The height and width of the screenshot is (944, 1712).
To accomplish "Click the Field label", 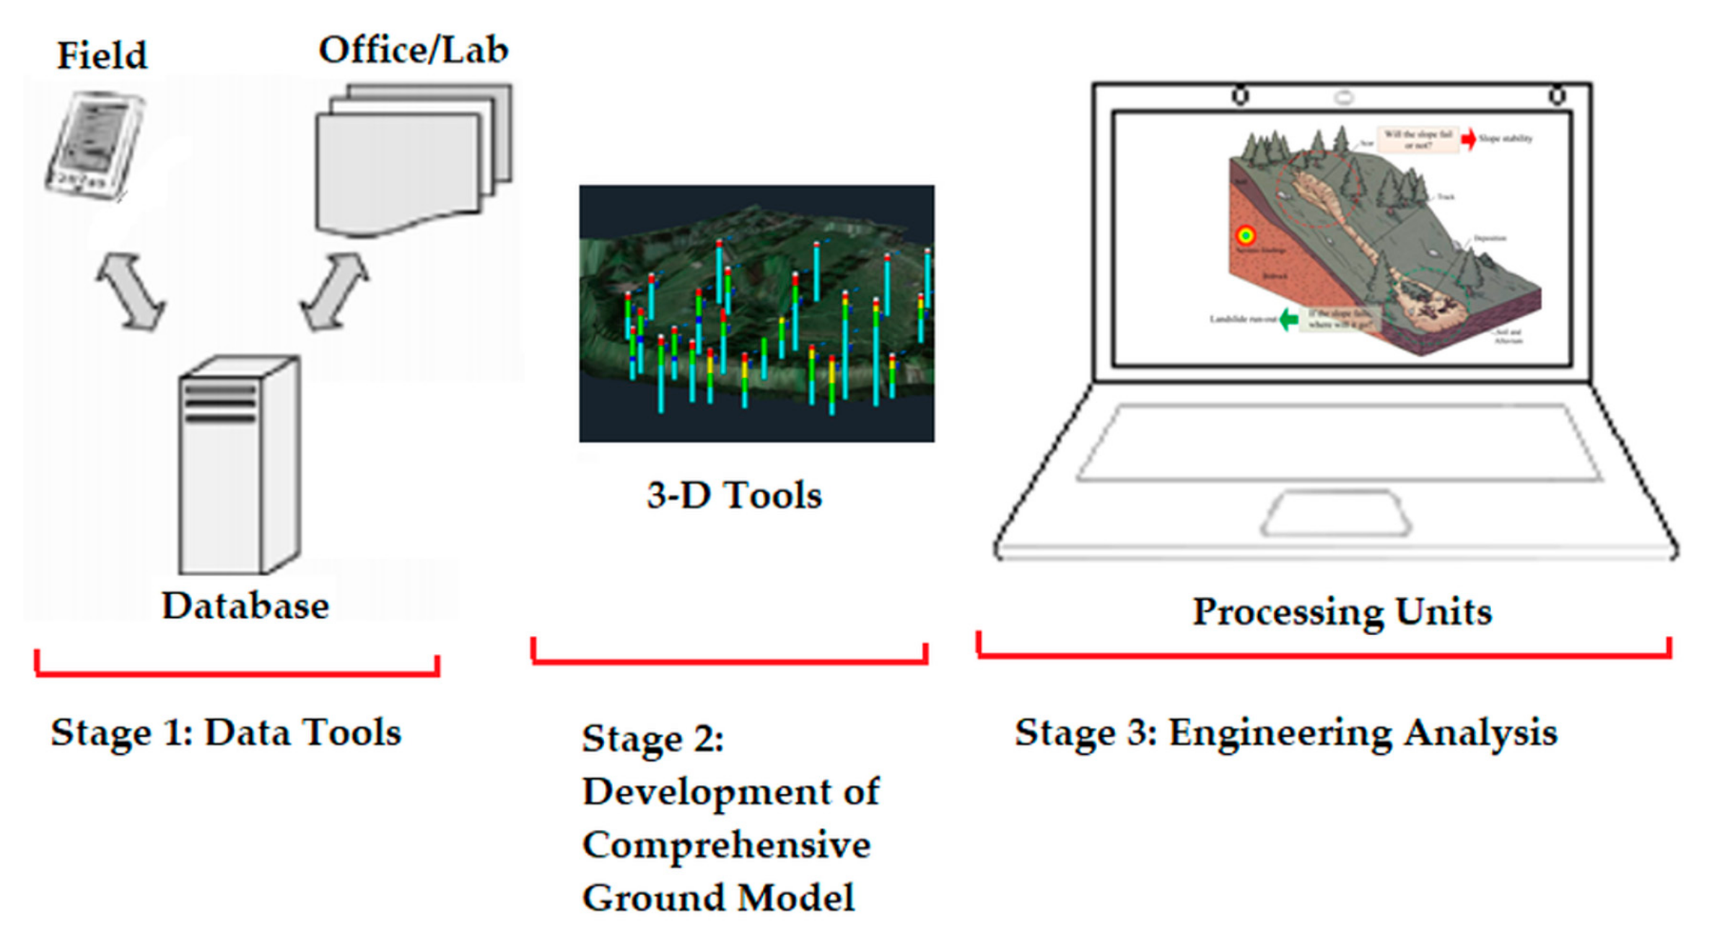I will click(x=102, y=56).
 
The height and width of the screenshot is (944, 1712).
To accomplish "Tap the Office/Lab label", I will click(x=414, y=51).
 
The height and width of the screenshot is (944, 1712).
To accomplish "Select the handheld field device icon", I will click(x=95, y=146).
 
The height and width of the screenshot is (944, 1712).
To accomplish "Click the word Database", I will click(x=245, y=606).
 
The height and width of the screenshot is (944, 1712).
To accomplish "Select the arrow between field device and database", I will click(x=131, y=292).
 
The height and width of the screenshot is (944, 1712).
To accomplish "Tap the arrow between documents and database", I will click(x=334, y=292).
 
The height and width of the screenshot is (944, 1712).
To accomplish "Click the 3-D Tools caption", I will click(x=734, y=496).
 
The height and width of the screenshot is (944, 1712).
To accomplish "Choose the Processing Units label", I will click(x=1342, y=611).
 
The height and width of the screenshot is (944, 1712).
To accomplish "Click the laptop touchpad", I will click(x=1336, y=513).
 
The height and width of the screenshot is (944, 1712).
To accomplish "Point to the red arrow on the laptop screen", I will click(x=1468, y=139).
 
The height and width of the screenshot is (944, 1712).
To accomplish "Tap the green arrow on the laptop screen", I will click(x=1288, y=319).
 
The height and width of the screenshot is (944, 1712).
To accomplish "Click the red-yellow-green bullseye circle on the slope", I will click(x=1246, y=235).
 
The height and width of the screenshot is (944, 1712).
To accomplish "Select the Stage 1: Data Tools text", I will click(x=226, y=733).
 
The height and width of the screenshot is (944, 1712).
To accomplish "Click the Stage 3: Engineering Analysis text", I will click(x=1286, y=733).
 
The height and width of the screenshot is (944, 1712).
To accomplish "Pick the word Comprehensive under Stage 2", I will click(x=726, y=845).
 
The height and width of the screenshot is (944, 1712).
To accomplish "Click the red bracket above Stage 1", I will click(x=237, y=673).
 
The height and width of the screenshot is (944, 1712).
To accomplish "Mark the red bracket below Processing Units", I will click(x=1324, y=655).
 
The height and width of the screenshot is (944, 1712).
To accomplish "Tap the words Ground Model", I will click(x=718, y=899).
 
